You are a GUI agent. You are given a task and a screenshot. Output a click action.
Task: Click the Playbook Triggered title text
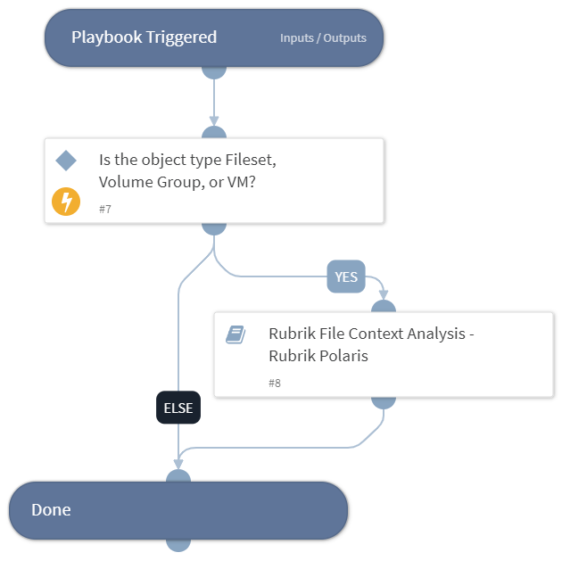144,37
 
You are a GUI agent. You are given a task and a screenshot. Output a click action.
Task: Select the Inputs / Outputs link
323,38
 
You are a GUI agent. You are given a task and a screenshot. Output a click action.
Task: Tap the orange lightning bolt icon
66,202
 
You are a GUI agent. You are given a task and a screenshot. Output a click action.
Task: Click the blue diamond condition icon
66,161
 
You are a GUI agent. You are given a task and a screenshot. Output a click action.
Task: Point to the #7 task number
105,209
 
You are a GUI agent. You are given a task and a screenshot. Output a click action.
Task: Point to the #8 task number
275,383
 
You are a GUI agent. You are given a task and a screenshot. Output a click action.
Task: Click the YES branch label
346,277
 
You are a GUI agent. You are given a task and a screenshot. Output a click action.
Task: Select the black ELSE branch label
178,408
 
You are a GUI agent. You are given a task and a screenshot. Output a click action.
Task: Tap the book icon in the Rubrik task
236,335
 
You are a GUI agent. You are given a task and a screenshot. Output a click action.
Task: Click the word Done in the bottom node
51,510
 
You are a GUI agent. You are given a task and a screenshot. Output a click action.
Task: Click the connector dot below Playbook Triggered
214,70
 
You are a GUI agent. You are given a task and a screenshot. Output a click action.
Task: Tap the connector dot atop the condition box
214,135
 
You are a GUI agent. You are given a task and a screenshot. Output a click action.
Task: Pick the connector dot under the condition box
214,226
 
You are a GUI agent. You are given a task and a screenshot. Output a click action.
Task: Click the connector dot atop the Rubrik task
384,309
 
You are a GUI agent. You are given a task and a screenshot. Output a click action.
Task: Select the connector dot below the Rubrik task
384,400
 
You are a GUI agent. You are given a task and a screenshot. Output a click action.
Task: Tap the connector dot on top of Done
178,479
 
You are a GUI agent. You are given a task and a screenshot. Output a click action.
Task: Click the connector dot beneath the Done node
178,542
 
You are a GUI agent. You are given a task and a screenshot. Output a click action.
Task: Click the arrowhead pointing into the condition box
214,121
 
